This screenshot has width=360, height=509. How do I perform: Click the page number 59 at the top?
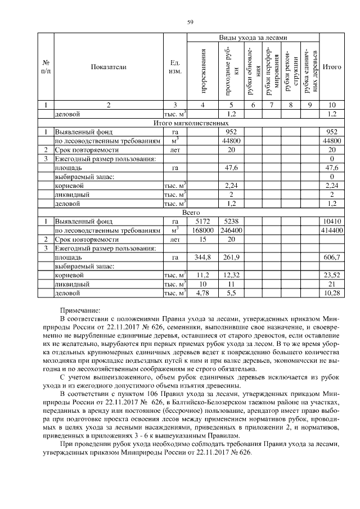(x=190, y=22)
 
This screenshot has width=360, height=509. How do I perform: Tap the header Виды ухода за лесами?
(x=253, y=38)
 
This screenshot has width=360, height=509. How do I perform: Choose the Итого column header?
(x=332, y=66)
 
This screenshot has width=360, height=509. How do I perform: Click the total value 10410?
(x=332, y=222)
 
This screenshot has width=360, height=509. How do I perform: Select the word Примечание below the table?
(x=79, y=310)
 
